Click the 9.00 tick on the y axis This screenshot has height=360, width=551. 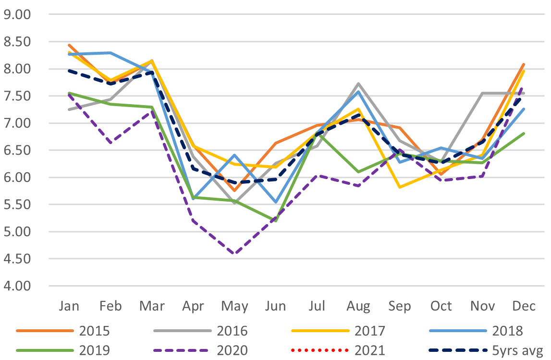(17, 15)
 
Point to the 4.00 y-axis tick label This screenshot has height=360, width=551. (17, 286)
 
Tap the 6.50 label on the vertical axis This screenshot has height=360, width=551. (17, 151)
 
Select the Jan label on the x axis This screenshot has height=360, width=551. (69, 306)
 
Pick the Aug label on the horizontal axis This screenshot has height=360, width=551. (358, 306)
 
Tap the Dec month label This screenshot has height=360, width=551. (524, 306)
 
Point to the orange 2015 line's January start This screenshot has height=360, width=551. (69, 45)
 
